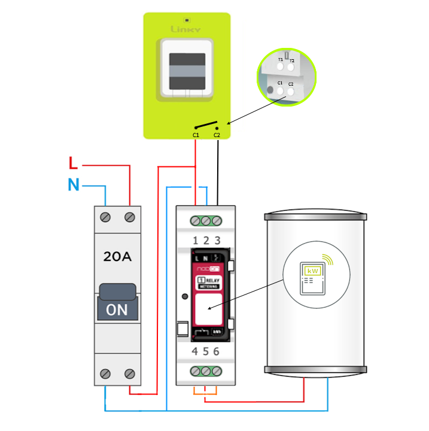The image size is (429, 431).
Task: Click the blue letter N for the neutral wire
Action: [x=73, y=186]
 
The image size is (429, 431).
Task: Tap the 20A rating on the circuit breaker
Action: [x=118, y=258]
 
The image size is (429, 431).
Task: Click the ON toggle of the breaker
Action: [x=118, y=309]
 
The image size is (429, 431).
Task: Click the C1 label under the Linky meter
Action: [x=196, y=135]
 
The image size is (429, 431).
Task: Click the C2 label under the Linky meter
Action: [x=217, y=135]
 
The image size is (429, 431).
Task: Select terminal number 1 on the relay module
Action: [x=195, y=240]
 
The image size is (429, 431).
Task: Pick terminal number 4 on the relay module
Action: [x=195, y=351]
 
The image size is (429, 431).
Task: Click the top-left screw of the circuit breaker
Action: [x=107, y=216]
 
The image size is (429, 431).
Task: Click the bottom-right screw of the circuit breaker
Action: [x=129, y=374]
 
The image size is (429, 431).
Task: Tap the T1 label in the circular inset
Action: [x=280, y=60]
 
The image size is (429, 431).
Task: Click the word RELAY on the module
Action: [x=212, y=280]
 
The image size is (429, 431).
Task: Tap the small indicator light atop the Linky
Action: [x=187, y=20]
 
